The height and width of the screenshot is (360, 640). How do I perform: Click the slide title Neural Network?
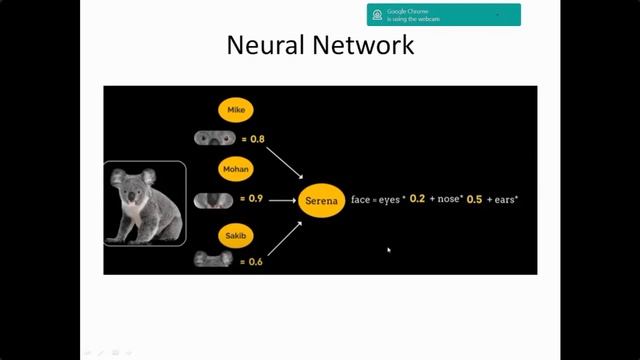320,46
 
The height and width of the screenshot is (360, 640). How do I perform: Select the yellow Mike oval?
236,109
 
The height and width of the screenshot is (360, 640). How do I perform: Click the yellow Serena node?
322,200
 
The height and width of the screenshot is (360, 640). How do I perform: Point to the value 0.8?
257,138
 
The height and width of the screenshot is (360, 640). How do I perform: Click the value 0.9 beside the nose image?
256,199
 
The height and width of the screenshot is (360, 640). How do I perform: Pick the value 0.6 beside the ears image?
256,261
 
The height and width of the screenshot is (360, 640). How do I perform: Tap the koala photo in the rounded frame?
145,203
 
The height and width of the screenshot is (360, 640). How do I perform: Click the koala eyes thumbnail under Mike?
212,138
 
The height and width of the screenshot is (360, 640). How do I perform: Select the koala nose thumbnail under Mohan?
212,200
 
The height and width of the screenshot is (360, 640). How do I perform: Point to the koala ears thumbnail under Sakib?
212,260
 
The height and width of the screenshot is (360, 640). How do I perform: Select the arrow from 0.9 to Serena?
281,200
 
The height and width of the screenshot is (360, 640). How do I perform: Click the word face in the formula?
362,200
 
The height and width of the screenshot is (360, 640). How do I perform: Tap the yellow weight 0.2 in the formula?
417,199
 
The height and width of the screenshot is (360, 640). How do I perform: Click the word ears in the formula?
506,200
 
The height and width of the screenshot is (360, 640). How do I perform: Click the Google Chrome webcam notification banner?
443,14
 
